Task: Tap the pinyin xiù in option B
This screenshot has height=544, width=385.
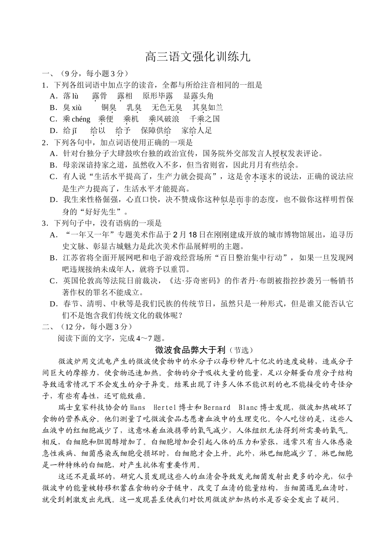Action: (77, 107)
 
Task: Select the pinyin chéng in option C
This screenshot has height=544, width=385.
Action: (81, 119)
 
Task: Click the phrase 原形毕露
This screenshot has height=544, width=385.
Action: (158, 96)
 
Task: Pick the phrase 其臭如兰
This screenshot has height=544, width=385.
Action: (207, 107)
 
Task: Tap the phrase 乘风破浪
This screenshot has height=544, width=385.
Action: (164, 119)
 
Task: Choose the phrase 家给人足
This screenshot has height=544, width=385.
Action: (197, 131)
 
